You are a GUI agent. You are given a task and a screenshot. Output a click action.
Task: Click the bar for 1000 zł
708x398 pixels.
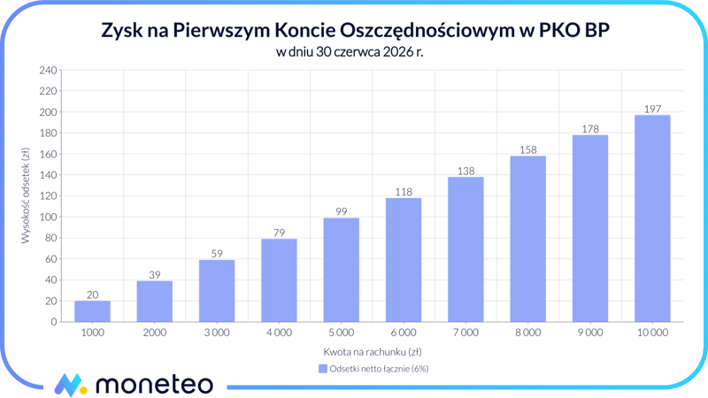pyautogui.click(x=92, y=311)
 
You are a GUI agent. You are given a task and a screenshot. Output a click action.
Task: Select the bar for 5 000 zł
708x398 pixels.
pyautogui.click(x=341, y=270)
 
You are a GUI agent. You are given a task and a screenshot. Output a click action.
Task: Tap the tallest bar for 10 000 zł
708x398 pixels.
pyautogui.click(x=652, y=218)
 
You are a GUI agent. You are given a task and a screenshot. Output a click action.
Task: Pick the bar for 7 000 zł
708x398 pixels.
pyautogui.click(x=466, y=249)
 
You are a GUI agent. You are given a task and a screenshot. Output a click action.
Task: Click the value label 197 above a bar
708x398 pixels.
pyautogui.click(x=652, y=109)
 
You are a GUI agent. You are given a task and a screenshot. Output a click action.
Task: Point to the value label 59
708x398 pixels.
pyautogui.click(x=217, y=254)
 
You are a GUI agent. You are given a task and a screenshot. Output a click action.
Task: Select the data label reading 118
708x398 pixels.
pyautogui.click(x=404, y=192)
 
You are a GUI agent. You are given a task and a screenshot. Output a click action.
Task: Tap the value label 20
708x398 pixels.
pyautogui.click(x=92, y=295)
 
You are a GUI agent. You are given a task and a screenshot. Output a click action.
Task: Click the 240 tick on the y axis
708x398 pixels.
pyautogui.click(x=48, y=70)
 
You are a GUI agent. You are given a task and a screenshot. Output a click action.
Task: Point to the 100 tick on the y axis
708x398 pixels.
pyautogui.click(x=48, y=217)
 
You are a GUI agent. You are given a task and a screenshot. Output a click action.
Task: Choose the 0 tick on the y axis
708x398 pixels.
pyautogui.click(x=53, y=322)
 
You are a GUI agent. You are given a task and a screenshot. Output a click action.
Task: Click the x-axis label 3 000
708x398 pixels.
pyautogui.click(x=217, y=333)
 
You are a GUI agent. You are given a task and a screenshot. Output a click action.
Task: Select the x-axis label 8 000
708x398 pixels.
pyautogui.click(x=527, y=333)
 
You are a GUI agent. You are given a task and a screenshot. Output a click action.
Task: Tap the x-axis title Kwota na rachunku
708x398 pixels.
pyautogui.click(x=372, y=351)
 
